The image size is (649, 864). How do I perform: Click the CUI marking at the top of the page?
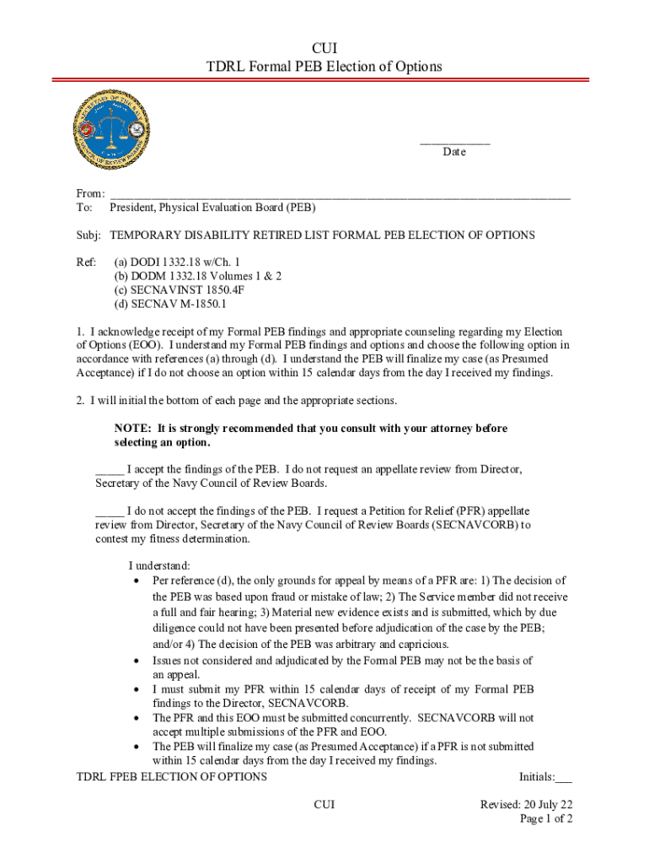coord(324,47)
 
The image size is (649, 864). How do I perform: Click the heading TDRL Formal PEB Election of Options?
coord(324,66)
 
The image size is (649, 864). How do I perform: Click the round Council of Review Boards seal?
coord(113,129)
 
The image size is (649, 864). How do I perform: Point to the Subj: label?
coord(89,235)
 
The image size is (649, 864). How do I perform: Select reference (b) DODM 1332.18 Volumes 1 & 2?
coord(198,276)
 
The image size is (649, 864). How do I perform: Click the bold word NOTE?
coord(133,429)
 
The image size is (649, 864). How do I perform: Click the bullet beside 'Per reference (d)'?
coord(137,581)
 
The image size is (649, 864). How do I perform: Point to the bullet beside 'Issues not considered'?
coord(137,661)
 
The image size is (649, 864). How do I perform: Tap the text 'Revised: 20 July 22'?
coord(526,805)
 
